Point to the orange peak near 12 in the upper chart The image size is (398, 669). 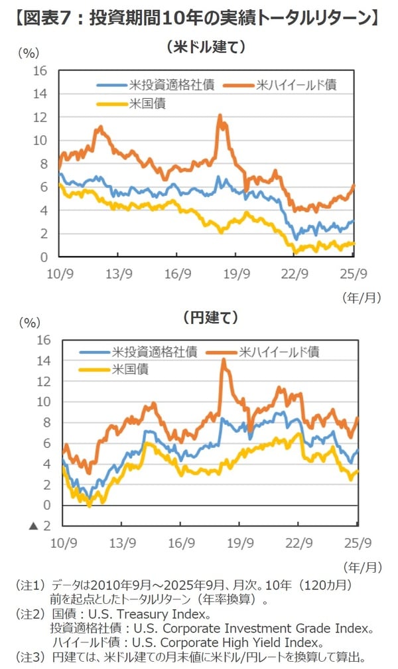click(220, 116)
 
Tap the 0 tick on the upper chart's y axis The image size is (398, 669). click(44, 257)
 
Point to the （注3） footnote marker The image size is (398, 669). click(29, 656)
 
